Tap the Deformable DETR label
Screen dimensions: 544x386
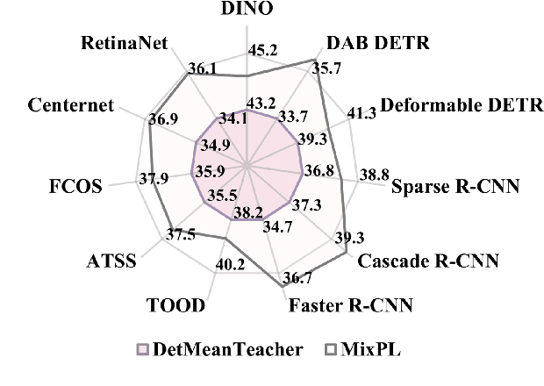pos(452,105)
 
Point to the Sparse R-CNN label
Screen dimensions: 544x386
pos(455,187)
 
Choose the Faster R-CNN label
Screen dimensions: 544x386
pos(351,306)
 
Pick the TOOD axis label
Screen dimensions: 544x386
pos(175,305)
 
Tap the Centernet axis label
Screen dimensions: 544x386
pos(71,105)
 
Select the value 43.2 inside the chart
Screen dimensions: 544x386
pos(260,103)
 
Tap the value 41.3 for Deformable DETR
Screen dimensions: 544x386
pos(361,112)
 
